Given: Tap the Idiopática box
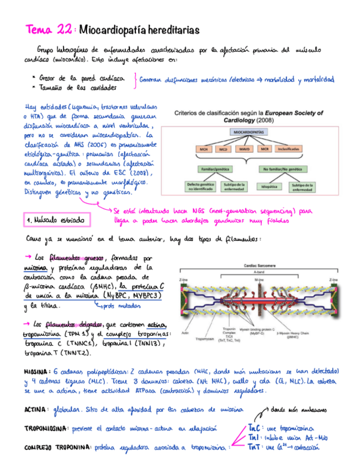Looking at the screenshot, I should tap(266, 187).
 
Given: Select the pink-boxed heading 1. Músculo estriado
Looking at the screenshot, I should tap(57, 221).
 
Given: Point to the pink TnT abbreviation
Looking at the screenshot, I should tap(253, 447).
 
